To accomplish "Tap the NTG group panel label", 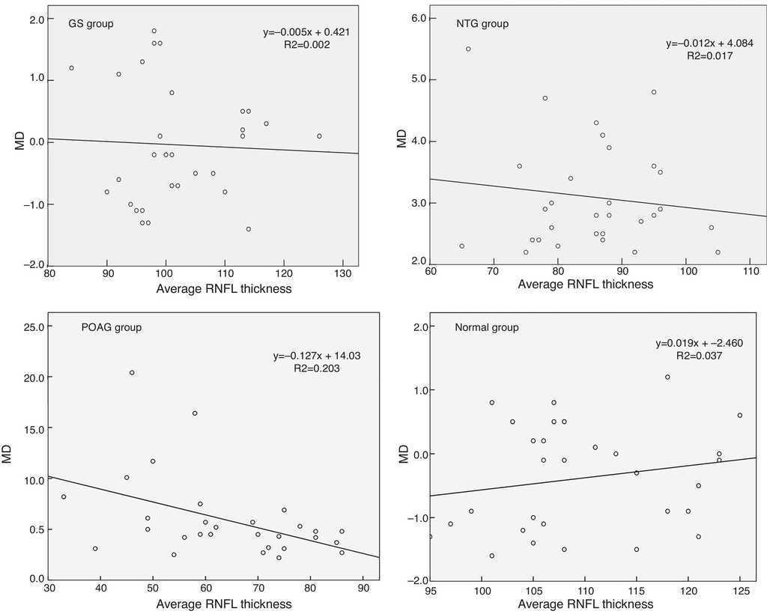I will click(x=482, y=23).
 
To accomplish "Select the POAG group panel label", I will click(x=111, y=327).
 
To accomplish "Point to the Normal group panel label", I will click(x=487, y=327).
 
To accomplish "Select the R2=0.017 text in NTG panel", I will click(x=709, y=55).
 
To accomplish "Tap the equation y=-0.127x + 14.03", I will click(x=317, y=356).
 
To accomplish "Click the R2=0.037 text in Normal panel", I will click(x=698, y=356).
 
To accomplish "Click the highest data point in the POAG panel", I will click(x=132, y=372).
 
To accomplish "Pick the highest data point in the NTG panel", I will click(x=468, y=49).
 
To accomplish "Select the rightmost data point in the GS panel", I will click(x=319, y=136).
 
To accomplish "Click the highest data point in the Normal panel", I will click(x=667, y=377).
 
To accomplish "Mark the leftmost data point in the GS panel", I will click(x=72, y=68).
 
